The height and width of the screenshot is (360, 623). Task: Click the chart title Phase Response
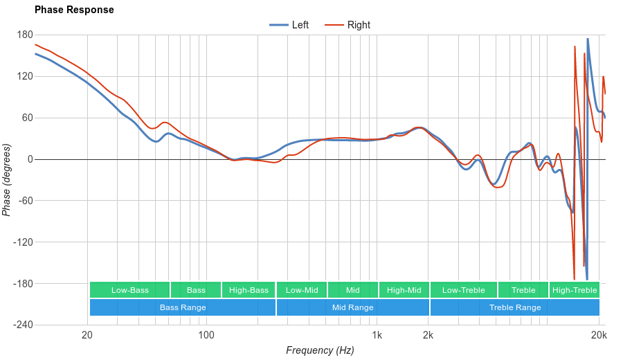tap(74, 10)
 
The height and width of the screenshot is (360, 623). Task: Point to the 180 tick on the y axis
tap(25, 35)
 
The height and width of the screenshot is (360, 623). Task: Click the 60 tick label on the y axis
tap(27, 118)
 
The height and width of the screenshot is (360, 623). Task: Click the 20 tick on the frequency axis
tap(87, 336)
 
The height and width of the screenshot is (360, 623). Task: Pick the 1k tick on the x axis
tap(377, 336)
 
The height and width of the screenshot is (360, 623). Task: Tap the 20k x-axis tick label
tap(599, 336)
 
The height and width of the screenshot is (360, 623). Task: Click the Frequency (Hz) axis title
tap(320, 350)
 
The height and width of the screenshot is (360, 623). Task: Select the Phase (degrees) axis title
tap(7, 180)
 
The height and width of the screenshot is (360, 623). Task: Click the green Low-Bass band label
tap(129, 290)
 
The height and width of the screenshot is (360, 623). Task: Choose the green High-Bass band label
tap(249, 290)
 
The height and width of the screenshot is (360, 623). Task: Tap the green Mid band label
tap(353, 290)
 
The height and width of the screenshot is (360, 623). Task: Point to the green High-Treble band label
tap(575, 290)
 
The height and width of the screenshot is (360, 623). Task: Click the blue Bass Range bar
tap(183, 307)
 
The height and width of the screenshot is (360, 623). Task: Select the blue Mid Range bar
tap(353, 307)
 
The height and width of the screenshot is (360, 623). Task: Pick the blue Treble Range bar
tap(515, 307)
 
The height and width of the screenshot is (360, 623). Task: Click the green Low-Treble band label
tap(463, 290)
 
